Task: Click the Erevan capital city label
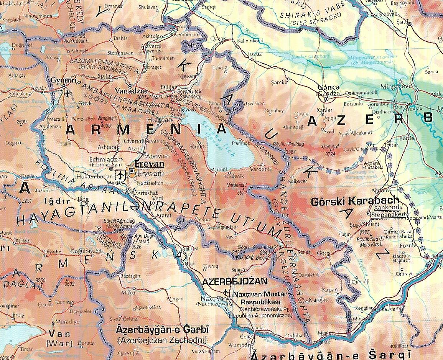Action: (149, 164)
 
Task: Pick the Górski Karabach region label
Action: (355, 200)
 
